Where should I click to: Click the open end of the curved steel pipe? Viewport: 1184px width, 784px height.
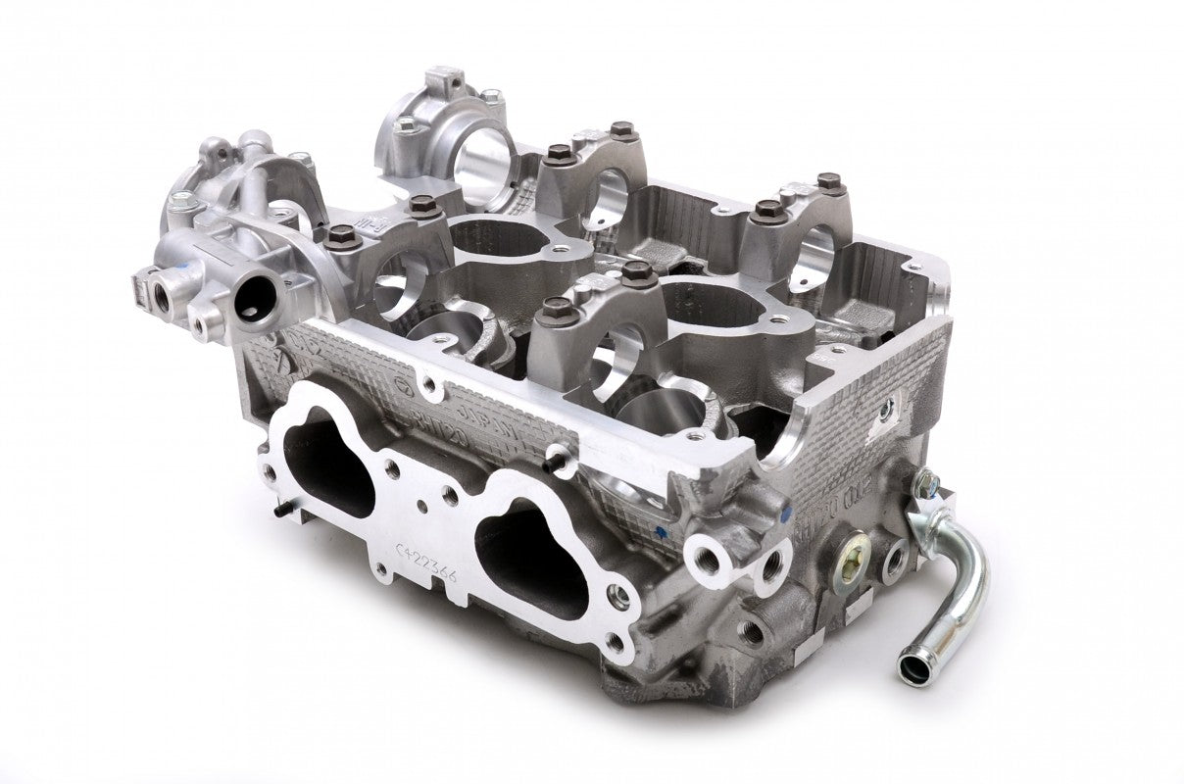click(x=914, y=669)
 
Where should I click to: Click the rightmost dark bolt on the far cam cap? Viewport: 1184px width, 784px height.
click(x=829, y=182)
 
